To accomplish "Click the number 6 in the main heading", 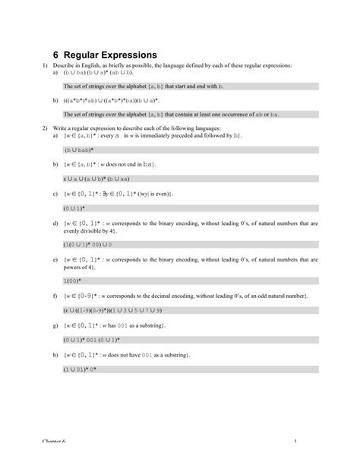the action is point(56,55).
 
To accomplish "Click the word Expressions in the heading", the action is point(125,55).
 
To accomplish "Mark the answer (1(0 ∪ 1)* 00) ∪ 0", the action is point(87,245).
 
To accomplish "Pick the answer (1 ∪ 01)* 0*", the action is point(79,368).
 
